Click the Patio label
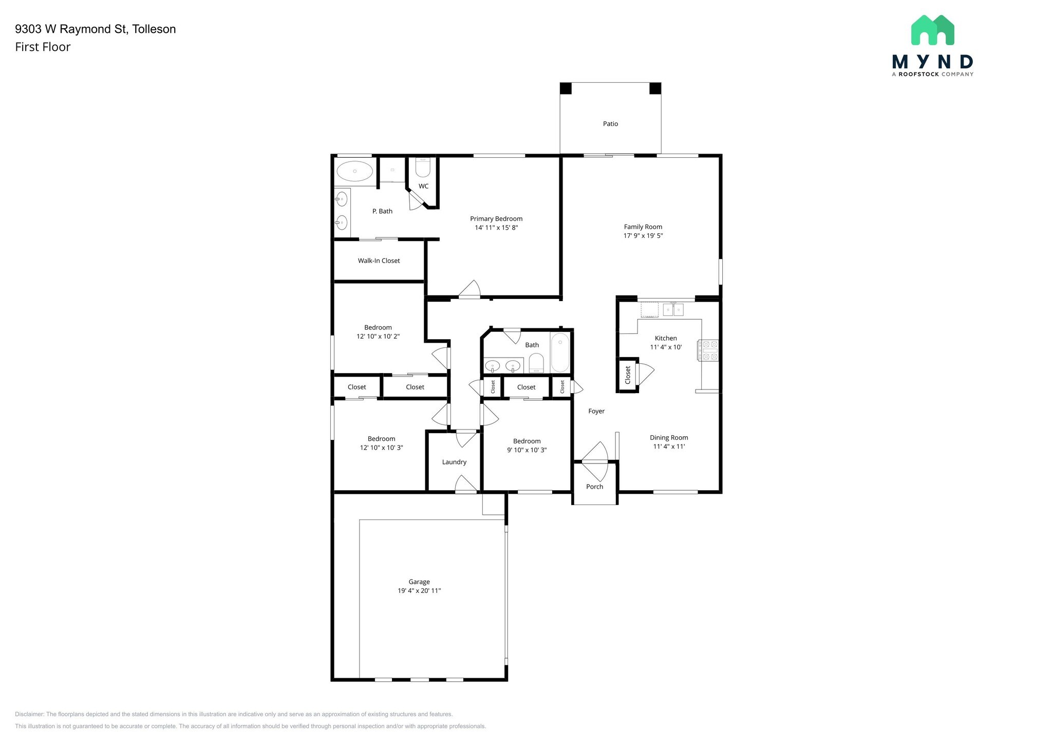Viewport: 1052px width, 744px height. [x=610, y=124]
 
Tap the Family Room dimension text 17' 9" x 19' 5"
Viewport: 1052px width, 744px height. [x=643, y=236]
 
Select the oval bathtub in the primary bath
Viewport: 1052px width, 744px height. [x=354, y=171]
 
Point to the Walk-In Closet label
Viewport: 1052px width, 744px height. [x=379, y=261]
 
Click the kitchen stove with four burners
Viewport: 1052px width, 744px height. [x=708, y=350]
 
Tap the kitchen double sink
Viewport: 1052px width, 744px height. [x=673, y=309]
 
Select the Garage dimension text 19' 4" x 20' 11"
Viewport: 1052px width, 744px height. [x=419, y=591]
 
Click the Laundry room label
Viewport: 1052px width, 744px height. [x=454, y=462]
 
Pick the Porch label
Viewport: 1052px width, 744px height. [x=594, y=487]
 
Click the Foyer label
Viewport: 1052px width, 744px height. [x=596, y=411]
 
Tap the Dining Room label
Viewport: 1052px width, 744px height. [x=669, y=438]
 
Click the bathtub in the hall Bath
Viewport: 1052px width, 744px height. [x=560, y=352]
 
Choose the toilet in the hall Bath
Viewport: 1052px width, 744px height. [x=536, y=363]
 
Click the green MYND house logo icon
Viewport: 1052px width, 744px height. [x=932, y=30]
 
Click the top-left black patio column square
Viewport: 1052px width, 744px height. [x=566, y=88]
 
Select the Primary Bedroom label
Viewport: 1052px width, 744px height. [x=496, y=219]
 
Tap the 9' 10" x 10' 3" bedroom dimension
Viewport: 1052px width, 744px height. [x=527, y=450]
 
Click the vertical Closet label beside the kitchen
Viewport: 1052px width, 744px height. [x=628, y=375]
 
